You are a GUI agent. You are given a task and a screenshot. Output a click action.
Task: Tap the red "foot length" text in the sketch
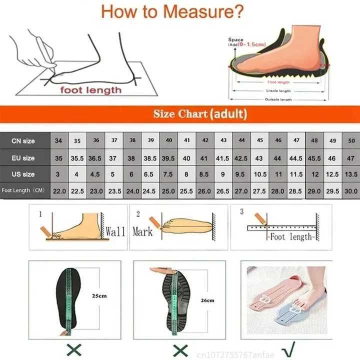[x=91, y=90]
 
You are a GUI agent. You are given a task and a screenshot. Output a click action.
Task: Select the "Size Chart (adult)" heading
[x=200, y=114]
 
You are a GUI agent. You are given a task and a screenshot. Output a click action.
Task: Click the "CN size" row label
[x=23, y=141]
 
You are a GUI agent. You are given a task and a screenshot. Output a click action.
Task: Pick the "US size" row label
[x=23, y=174]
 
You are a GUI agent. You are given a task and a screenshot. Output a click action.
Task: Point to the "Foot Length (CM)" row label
[x=23, y=190]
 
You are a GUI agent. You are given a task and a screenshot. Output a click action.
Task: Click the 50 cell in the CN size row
[x=351, y=141]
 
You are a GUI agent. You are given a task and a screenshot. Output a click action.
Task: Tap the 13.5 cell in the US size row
[x=351, y=174]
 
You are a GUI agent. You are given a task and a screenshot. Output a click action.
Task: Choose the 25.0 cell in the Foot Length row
[x=168, y=190]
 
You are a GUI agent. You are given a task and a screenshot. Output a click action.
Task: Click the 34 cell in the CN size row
[x=58, y=141]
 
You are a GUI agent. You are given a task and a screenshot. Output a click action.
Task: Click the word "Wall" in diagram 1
[x=115, y=231]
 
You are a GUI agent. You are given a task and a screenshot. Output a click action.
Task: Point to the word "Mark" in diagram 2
[x=142, y=231]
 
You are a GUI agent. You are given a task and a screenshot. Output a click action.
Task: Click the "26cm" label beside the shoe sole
[x=206, y=300]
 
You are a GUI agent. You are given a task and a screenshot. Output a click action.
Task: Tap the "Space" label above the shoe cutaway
[x=235, y=39]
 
